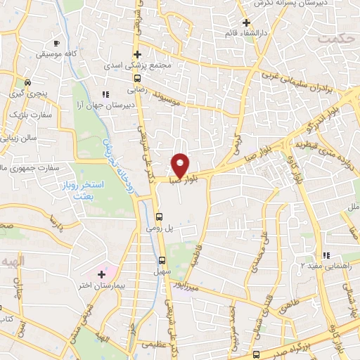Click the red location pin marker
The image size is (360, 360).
tap(181, 165)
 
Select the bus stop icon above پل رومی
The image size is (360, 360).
tap(159, 217)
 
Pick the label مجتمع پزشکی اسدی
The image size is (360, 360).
tap(146, 66)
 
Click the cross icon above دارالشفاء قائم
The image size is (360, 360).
tap(245, 22)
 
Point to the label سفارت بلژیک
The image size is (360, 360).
tap(27, 112)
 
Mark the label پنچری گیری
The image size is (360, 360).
tap(24, 92)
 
